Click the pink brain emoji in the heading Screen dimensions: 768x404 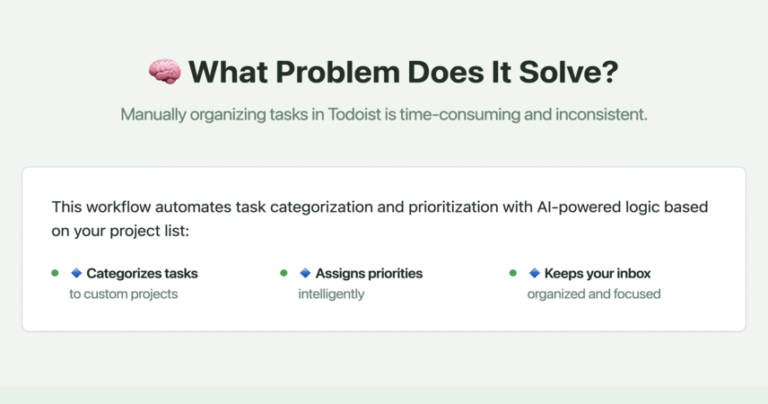165,71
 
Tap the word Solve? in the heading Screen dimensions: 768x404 569,72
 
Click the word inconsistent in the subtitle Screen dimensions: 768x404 601,115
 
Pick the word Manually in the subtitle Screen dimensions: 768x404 153,115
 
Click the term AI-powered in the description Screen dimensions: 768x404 579,207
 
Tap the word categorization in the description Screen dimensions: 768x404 321,207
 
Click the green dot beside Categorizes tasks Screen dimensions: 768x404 55,273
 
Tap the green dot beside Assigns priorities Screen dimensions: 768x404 284,273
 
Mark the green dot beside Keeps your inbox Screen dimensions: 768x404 513,273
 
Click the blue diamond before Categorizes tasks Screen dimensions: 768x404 76,273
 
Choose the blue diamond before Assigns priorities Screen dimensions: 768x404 305,273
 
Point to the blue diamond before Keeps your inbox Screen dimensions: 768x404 534,273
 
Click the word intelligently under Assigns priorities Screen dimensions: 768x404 332,294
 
